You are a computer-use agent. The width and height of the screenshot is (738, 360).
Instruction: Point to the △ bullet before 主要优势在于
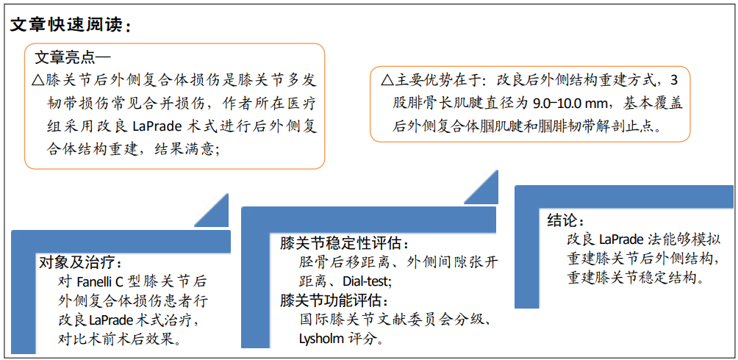point(387,80)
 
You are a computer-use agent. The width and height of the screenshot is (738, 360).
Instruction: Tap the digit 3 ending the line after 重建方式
point(673,80)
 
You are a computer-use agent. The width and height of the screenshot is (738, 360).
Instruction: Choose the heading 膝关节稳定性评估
point(343,243)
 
